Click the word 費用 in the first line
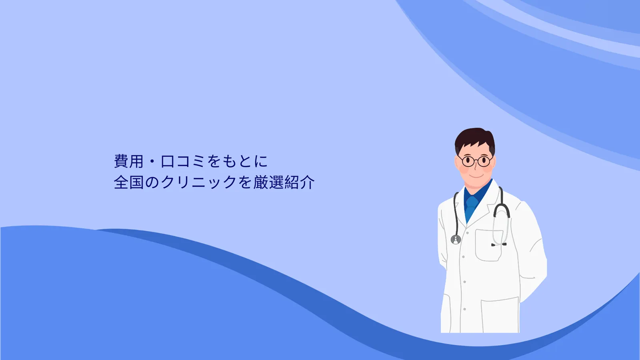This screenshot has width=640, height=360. (128, 161)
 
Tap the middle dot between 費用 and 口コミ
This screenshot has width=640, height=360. (152, 162)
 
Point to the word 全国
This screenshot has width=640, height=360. (128, 182)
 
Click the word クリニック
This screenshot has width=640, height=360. (199, 182)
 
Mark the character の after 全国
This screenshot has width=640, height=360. (152, 182)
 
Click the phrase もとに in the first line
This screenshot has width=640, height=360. (245, 161)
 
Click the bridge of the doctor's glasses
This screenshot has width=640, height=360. (476, 160)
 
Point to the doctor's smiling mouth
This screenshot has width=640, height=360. (476, 176)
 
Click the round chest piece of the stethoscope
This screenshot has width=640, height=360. (456, 240)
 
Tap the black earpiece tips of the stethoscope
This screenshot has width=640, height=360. (499, 244)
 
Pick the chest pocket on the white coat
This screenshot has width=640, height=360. (488, 245)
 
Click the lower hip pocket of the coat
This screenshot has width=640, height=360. (500, 315)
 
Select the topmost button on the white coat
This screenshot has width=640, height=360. (468, 233)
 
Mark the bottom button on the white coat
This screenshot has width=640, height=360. (464, 309)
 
